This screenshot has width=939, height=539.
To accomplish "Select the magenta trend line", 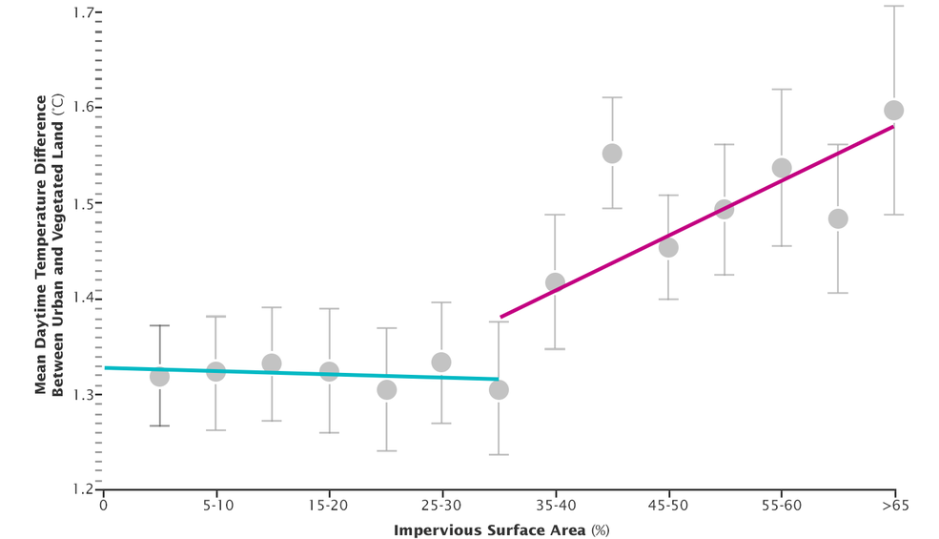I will (696, 220).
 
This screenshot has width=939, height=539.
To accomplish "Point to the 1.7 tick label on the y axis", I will (82, 13).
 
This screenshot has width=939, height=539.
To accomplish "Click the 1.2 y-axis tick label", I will (82, 488).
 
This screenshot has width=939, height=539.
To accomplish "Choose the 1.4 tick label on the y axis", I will (82, 299).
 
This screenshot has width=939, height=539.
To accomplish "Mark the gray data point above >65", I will (893, 110).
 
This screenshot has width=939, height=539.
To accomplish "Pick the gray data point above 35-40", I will (555, 282).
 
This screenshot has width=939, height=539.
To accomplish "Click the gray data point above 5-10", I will (215, 371).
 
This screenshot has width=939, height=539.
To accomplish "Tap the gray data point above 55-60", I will (782, 168).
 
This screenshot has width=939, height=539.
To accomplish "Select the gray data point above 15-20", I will (329, 371).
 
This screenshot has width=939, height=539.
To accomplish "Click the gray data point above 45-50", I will (668, 247).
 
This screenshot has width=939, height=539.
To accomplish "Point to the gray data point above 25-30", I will (441, 362).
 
